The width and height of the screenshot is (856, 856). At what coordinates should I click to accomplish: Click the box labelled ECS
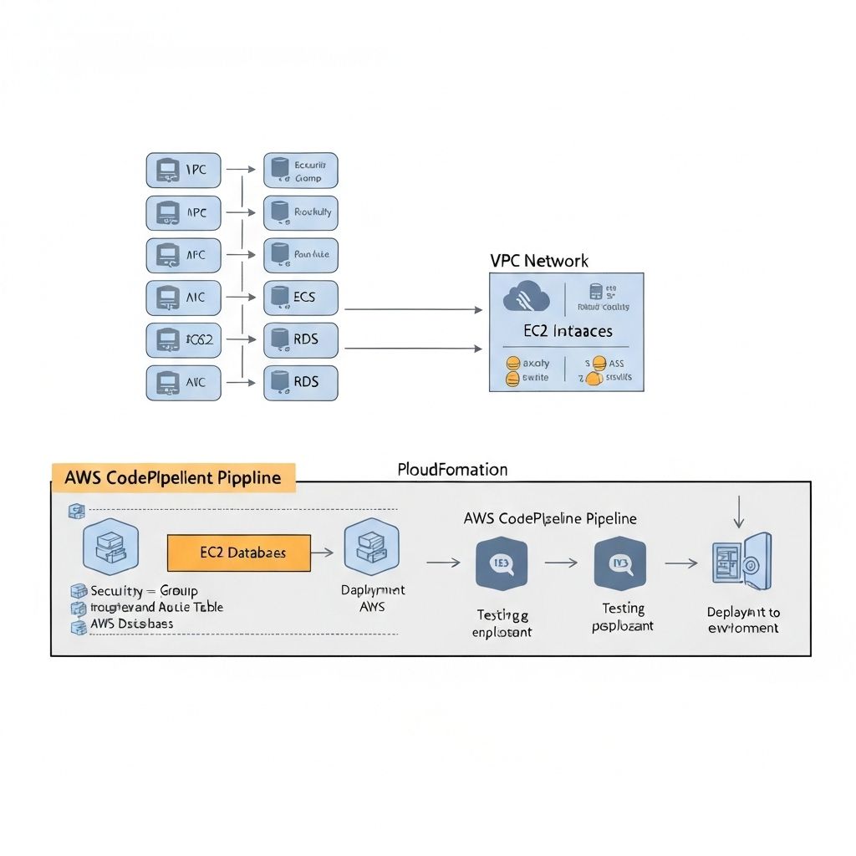pos(301,298)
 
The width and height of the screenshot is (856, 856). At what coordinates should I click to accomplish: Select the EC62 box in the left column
pos(183,340)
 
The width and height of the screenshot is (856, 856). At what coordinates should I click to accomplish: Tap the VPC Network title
pos(539,261)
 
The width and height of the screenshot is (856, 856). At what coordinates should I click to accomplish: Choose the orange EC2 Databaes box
pos(239,553)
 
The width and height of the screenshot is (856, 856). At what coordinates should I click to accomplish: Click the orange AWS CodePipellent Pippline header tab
pos(173,476)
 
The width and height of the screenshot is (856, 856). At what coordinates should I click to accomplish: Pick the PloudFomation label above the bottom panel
pos(452,470)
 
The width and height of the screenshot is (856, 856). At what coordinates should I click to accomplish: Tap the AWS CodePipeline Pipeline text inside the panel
pos(549,518)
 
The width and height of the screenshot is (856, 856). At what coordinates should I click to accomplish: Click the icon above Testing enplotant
pos(502,564)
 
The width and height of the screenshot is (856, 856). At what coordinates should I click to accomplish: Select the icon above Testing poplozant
pos(621,564)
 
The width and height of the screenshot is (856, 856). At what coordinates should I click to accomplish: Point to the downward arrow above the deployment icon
pos(738,512)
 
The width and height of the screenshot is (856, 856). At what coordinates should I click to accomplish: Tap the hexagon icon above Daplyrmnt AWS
pos(372,547)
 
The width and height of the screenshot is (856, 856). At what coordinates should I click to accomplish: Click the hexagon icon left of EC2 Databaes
pos(111,548)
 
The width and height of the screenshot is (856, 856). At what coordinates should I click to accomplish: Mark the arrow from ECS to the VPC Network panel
pos(414,309)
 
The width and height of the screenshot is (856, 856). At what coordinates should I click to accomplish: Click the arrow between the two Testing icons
pos(561,563)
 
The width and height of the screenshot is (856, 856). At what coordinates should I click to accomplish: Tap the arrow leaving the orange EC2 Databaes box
pos(323,553)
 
